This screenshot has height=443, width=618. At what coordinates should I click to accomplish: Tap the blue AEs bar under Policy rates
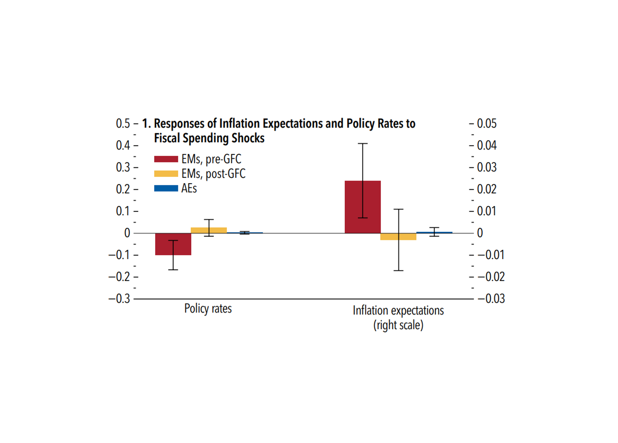tap(255, 233)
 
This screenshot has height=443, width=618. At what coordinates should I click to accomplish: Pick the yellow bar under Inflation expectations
tap(388, 237)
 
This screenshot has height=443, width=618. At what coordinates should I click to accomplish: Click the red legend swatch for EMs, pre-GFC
tap(166, 159)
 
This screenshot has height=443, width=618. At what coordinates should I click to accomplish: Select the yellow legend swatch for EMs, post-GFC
tap(166, 174)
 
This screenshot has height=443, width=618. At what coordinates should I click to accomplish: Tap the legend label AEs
tap(189, 189)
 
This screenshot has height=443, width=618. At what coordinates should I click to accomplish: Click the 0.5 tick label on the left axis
tap(123, 124)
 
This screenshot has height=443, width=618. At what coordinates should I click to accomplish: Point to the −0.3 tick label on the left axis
tap(119, 299)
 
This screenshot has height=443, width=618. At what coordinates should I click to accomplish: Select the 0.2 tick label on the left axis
tap(123, 189)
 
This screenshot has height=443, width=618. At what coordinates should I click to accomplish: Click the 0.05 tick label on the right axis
tap(487, 124)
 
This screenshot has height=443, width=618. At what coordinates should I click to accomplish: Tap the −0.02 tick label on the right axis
tap(491, 277)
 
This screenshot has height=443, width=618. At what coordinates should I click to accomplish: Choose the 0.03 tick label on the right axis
tap(487, 167)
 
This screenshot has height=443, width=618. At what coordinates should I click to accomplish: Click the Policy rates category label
tap(208, 309)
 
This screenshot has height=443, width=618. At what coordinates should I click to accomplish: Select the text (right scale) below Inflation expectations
tap(398, 325)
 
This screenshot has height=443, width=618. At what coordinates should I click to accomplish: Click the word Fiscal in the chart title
tap(167, 138)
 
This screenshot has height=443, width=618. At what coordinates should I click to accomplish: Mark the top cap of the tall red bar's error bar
tap(363, 144)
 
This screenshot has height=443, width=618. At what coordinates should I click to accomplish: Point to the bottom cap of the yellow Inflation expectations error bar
tap(398, 271)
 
